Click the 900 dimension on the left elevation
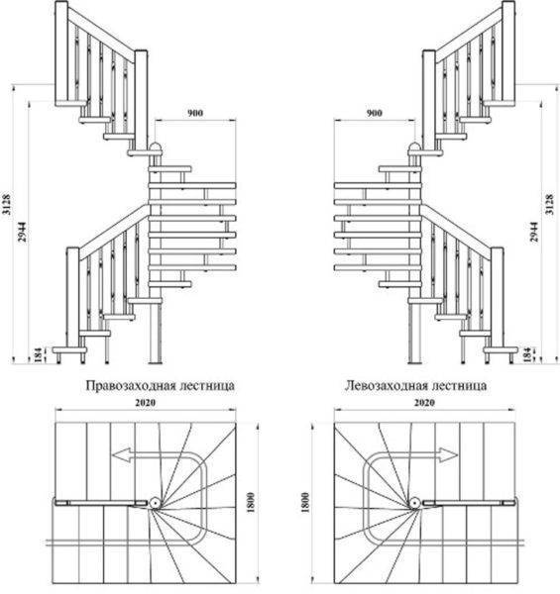(x=195, y=113)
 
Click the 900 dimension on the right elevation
(x=375, y=113)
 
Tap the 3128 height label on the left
(x=7, y=205)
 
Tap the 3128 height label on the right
(x=549, y=205)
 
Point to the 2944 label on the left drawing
(x=23, y=232)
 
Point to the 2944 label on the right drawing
(x=533, y=232)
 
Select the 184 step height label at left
(x=39, y=354)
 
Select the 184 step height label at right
(x=526, y=354)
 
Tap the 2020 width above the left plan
(x=146, y=402)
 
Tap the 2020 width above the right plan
(x=424, y=402)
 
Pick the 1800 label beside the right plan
(x=305, y=502)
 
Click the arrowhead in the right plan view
(x=449, y=455)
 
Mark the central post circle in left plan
(x=155, y=503)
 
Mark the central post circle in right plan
(x=415, y=503)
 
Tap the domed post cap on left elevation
(x=156, y=147)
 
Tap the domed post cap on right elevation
(x=414, y=147)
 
